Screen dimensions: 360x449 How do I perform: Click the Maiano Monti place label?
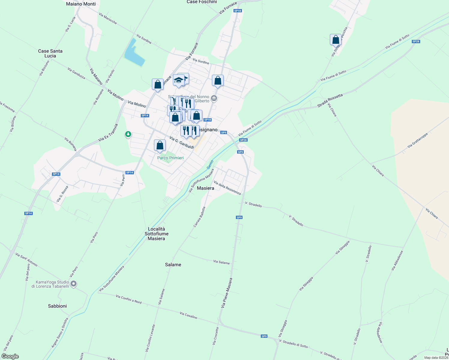click(81, 4)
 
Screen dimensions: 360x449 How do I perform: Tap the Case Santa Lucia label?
click(50, 53)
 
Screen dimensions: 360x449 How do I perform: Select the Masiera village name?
click(206, 188)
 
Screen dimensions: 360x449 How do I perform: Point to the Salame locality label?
click(173, 265)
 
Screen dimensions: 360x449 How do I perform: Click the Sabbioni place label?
click(57, 306)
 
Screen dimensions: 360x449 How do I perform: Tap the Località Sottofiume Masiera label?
click(156, 234)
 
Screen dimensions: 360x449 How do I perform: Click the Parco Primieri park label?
click(170, 158)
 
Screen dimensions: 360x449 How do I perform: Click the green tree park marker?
click(128, 134)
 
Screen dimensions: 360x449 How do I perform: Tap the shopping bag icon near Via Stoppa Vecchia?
click(336, 40)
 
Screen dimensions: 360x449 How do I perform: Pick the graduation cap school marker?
click(179, 80)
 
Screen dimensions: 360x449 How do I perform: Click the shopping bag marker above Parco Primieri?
click(160, 145)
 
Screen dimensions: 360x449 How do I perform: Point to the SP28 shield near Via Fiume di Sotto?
click(416, 41)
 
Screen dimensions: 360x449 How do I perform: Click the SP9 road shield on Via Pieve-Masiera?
click(239, 217)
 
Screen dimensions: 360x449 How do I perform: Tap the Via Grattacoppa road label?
click(417, 140)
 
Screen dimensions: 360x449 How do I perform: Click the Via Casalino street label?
click(188, 315)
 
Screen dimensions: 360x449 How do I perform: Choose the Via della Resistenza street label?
click(227, 188)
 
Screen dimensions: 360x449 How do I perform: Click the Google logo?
click(10, 356)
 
